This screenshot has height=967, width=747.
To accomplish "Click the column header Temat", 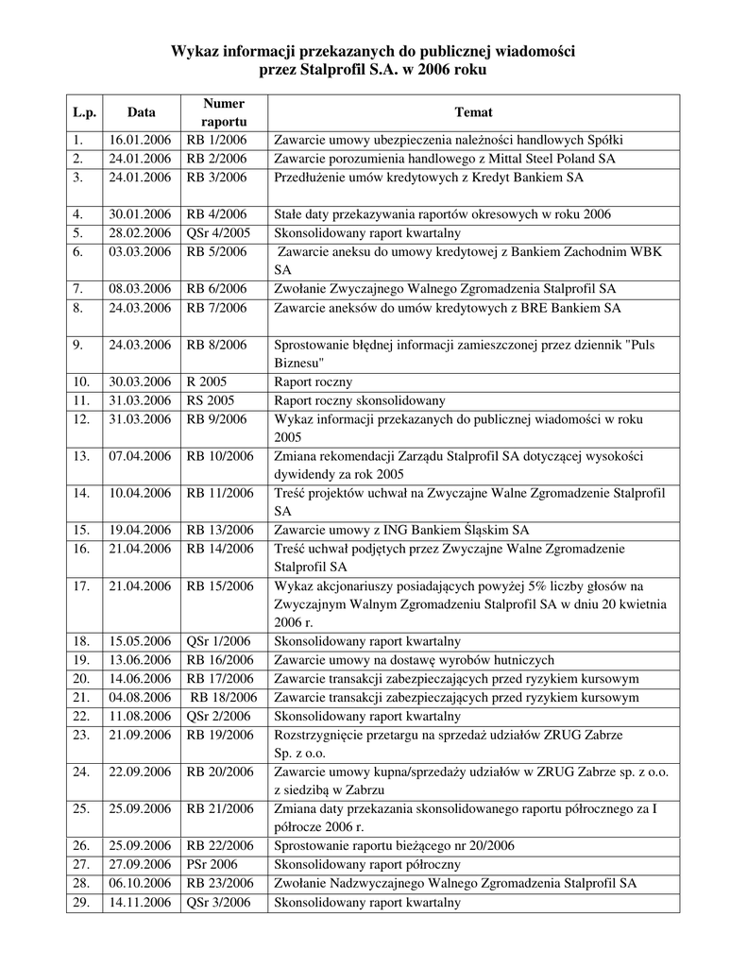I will click(x=473, y=112).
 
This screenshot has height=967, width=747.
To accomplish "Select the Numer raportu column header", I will click(x=223, y=112).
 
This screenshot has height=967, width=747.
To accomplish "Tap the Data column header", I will click(x=142, y=112).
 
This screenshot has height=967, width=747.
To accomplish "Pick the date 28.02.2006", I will click(x=140, y=232).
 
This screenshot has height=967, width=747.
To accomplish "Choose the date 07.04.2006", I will click(x=140, y=456).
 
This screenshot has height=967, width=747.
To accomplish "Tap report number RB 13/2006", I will click(x=219, y=530).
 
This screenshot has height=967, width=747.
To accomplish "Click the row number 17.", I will click(x=80, y=585).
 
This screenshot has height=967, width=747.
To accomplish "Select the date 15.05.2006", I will click(x=140, y=641).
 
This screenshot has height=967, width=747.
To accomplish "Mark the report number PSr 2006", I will click(x=212, y=864).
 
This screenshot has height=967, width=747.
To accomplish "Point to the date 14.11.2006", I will click(x=140, y=902).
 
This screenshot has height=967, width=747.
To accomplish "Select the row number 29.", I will click(x=80, y=902).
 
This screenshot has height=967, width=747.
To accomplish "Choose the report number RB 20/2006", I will click(x=219, y=772).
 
